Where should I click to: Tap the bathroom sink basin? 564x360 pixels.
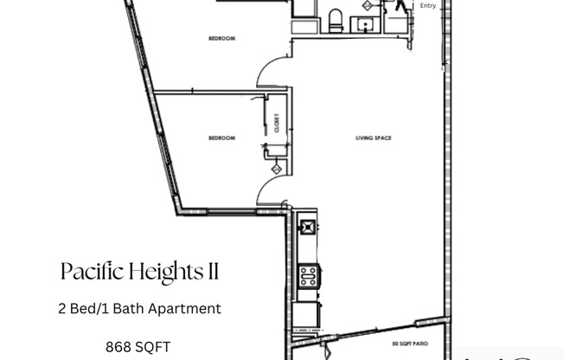[x=368, y=22]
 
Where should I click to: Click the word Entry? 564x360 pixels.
[x=427, y=6]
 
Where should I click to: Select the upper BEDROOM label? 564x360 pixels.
[x=222, y=39]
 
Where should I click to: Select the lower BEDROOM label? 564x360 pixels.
[x=222, y=138]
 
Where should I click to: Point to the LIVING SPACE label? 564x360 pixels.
[x=373, y=138]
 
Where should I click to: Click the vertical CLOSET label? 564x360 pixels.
[x=277, y=125]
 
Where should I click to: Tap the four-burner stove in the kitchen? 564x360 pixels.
[x=308, y=276]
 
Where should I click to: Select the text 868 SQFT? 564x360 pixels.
[x=139, y=347]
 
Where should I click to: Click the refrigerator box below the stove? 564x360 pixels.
[x=304, y=312]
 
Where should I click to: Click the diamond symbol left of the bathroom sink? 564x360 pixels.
[x=366, y=5]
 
